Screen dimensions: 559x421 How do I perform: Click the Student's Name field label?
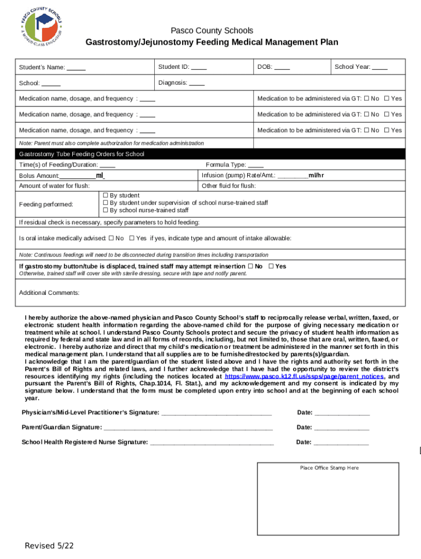pos(42,68)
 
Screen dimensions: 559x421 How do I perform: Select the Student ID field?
pos(198,67)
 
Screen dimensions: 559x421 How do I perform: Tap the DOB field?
pos(282,67)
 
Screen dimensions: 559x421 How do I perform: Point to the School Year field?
pos(379,67)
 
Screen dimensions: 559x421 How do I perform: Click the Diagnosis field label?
pos(173,84)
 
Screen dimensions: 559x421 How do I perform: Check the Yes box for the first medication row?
pos(387,99)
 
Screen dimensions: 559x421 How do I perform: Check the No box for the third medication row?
pos(366,130)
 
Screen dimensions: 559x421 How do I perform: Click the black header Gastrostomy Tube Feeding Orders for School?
pos(82,154)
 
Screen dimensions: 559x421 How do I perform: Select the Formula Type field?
pos(255,165)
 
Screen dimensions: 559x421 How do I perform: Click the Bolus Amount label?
pos(39,176)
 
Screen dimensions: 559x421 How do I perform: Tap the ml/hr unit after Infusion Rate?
pos(316,175)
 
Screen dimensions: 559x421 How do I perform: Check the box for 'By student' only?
pos(106,195)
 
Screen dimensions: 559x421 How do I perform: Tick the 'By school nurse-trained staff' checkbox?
pos(106,210)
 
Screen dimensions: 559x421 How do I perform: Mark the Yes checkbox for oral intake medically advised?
pos(131,239)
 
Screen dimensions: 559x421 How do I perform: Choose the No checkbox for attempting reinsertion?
pos(250,266)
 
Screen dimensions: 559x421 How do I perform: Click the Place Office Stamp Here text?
pos(329,468)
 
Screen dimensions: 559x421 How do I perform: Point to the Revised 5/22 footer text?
pos(49,546)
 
